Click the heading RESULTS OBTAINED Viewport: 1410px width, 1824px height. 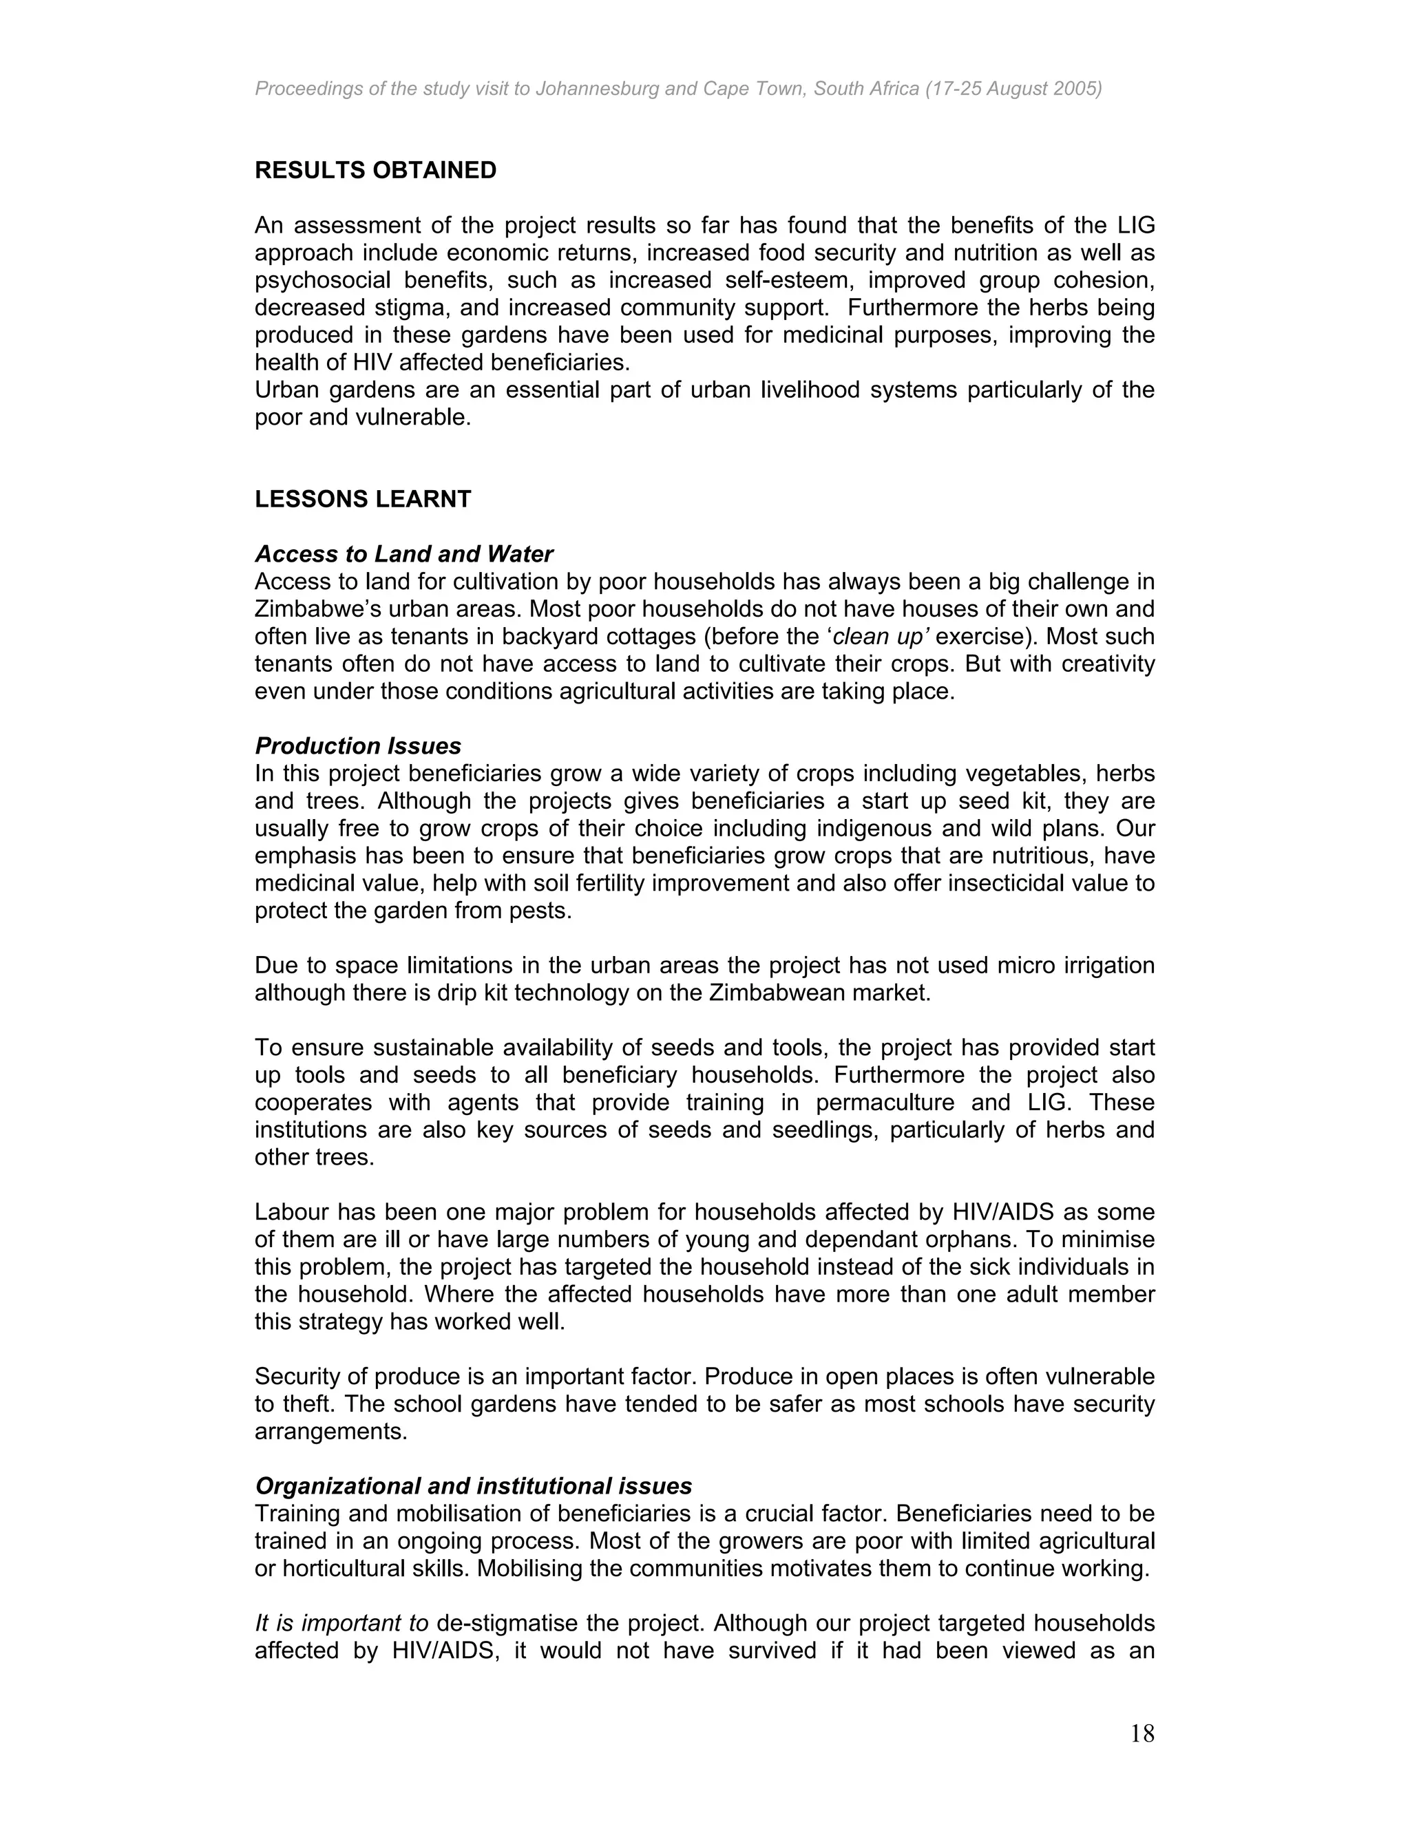375,171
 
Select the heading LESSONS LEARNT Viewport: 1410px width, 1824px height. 363,500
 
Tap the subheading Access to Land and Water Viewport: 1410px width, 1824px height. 403,555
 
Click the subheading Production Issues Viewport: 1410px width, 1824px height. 357,746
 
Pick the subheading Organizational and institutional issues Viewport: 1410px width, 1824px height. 473,1486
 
